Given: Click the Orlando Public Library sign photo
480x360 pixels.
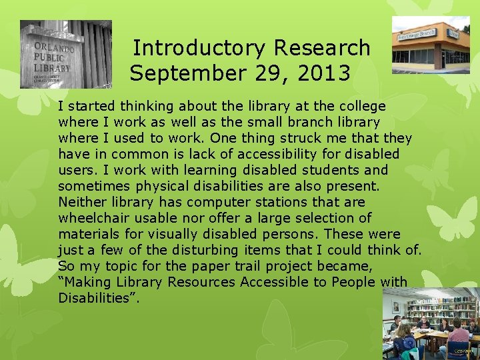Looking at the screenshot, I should (65, 55).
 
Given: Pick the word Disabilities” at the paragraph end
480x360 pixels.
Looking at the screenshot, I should (99, 298).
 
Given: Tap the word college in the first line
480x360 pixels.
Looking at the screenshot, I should (363, 106).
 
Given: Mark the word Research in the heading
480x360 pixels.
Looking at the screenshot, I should (321, 48).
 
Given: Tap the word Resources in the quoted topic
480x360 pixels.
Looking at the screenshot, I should (197, 282).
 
